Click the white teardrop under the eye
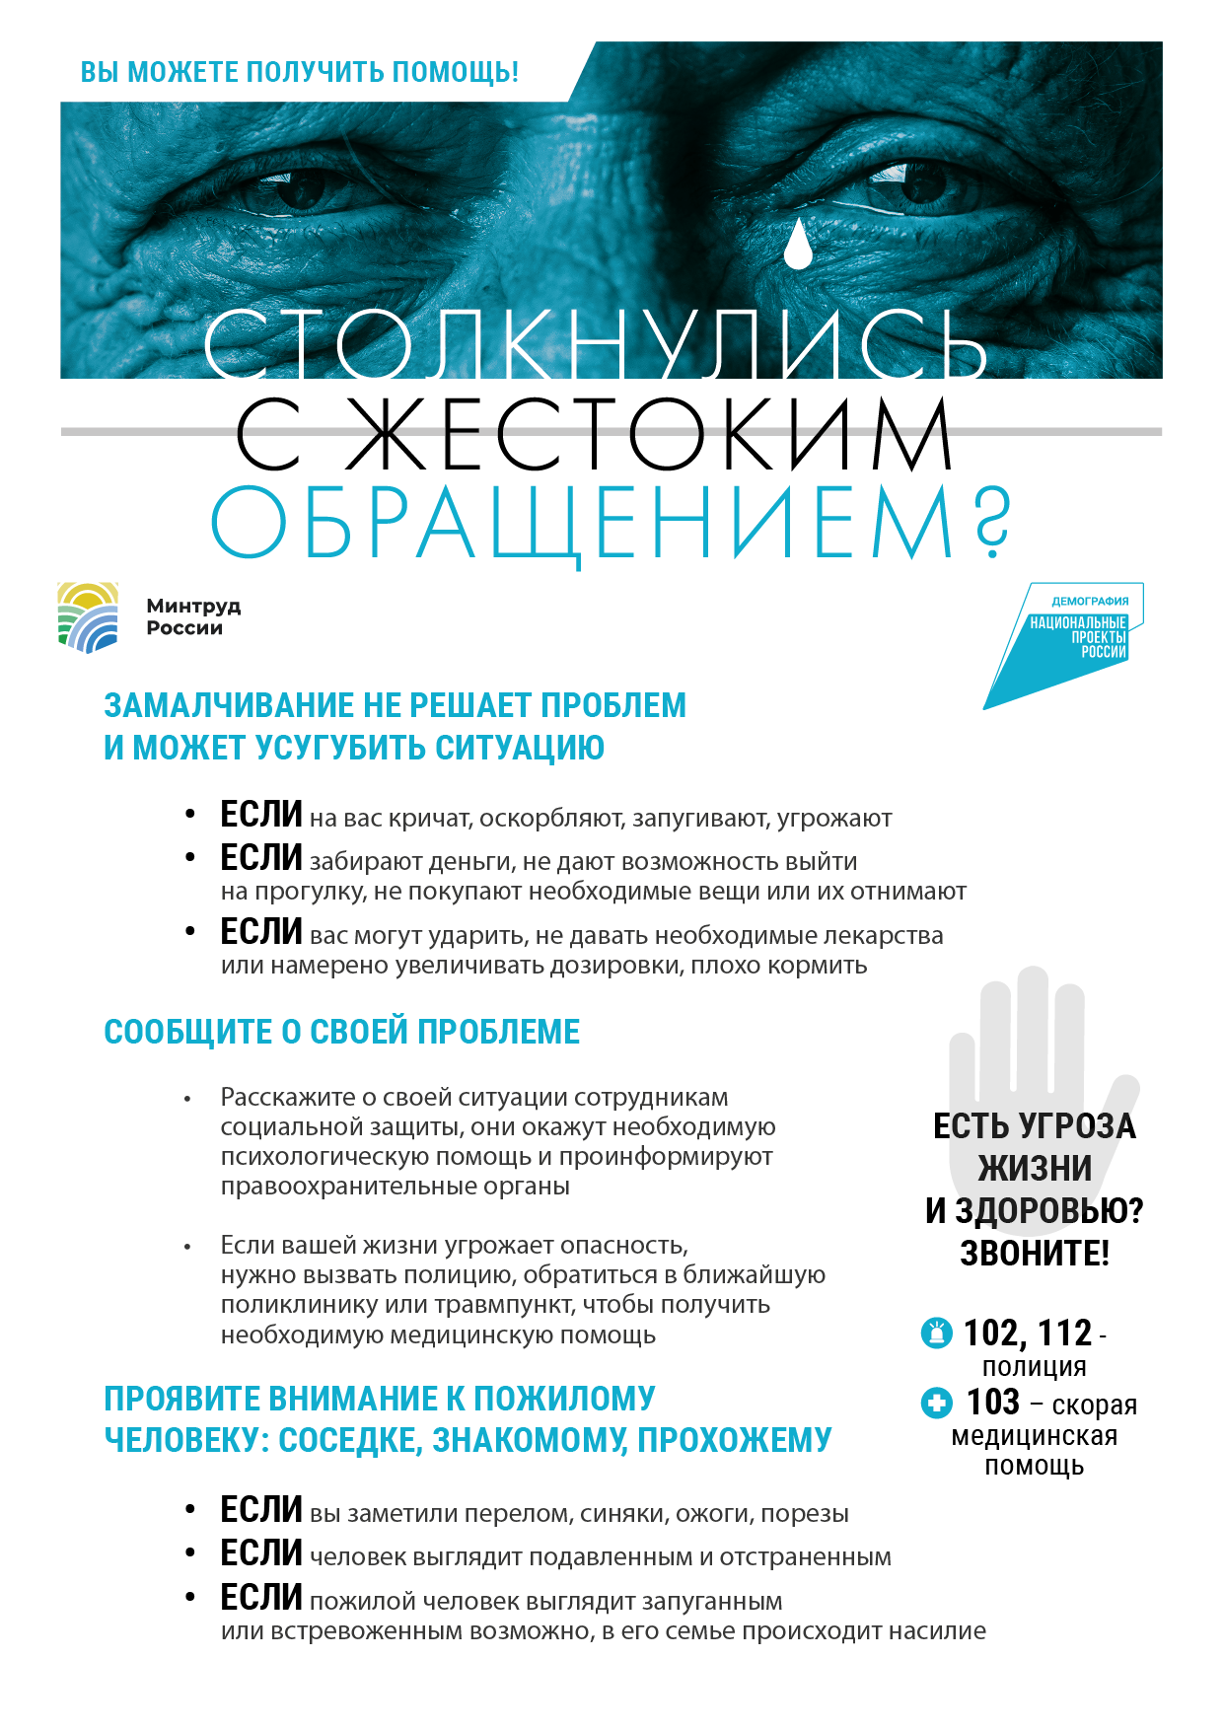pos(798,245)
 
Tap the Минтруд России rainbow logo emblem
pos(88,617)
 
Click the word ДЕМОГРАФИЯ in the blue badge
pos(1090,601)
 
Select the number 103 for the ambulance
pos(993,1402)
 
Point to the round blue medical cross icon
pos(936,1403)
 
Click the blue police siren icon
pos(936,1333)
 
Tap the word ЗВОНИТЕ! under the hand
pos(1035,1253)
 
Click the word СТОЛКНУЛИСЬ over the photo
pos(595,344)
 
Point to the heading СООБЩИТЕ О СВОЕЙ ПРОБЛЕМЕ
pos(341,1032)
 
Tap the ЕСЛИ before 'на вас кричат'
pos(260,815)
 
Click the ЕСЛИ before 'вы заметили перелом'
pos(260,1510)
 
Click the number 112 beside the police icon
pos(1064,1334)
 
